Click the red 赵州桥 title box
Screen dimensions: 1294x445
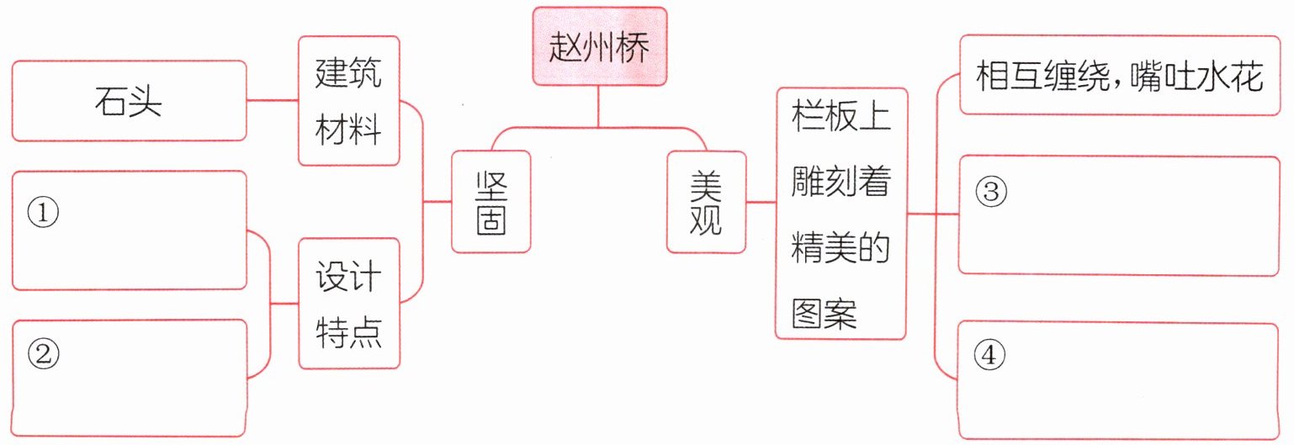pos(599,46)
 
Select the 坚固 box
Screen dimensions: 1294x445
pos(491,202)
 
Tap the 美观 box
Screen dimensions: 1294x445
pos(707,202)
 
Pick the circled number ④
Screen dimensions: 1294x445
pos(990,357)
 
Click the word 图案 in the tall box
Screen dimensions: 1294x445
pos(824,314)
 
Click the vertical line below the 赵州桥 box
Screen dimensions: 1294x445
pos(598,106)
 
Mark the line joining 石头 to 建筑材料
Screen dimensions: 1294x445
pos(273,101)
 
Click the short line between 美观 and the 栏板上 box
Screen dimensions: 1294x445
pos(761,202)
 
